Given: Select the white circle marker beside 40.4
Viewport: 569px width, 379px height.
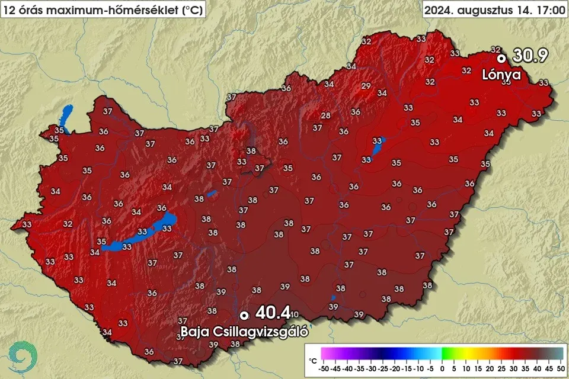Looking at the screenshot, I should point(244,315).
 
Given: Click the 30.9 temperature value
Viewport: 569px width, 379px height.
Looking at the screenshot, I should point(530,56).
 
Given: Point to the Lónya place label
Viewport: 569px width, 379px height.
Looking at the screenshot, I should point(501,75).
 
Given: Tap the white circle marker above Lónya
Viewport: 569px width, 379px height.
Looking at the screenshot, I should point(501,58).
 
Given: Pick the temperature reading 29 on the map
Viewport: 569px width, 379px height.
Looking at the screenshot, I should point(366,86).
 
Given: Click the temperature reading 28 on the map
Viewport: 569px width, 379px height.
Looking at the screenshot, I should point(325,115).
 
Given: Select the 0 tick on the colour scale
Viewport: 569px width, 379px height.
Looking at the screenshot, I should point(443,368).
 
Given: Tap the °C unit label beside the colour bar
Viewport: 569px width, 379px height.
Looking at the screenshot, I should point(313,360).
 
